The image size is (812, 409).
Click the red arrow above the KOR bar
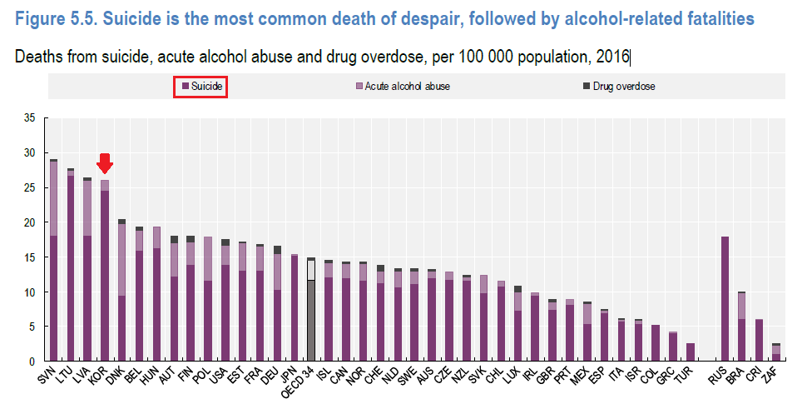pos(105,163)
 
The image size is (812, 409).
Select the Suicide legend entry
pos(201,86)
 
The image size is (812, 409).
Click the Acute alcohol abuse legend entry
pos(403,86)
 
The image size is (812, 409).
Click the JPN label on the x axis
pos(288,375)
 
